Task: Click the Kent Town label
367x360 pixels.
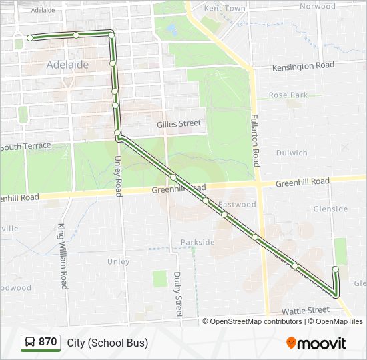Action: tap(224, 9)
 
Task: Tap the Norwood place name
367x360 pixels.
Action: tap(317, 6)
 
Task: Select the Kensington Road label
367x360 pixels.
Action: tap(303, 66)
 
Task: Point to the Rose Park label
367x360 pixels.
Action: tap(288, 95)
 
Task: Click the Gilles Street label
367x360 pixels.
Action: tap(179, 123)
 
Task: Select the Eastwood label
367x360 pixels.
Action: tap(238, 205)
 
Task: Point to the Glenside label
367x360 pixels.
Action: tap(330, 209)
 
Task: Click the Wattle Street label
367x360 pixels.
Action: tap(305, 310)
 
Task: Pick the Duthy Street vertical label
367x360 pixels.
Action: tap(178, 294)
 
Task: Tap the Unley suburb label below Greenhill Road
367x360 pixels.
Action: tap(119, 262)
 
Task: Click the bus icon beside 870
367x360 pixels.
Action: tap(30, 342)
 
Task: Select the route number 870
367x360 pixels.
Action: tap(48, 342)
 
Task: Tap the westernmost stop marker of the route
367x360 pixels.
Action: tap(30, 38)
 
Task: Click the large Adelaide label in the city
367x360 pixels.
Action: tap(67, 65)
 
